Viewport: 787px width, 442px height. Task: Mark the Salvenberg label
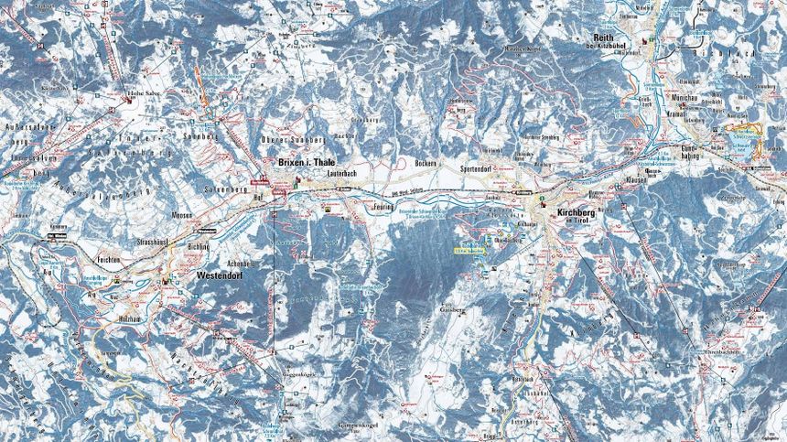(230, 189)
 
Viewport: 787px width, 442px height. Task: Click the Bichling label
(198, 247)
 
